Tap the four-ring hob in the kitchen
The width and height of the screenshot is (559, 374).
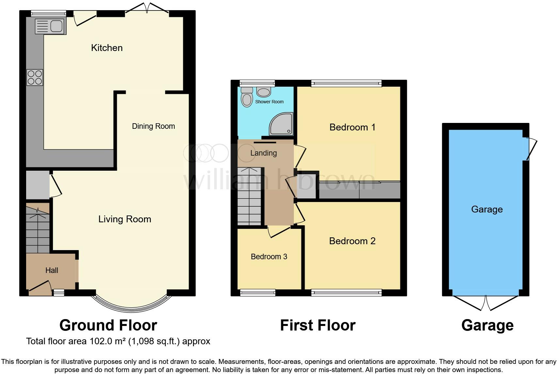point(35,78)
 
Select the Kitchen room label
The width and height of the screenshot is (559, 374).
point(107,48)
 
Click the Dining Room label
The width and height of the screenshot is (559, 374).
point(153,126)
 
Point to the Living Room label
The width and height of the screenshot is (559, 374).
point(125,219)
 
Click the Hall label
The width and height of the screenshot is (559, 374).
point(52,270)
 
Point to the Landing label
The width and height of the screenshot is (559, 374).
point(264,153)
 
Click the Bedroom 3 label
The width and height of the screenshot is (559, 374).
point(269,257)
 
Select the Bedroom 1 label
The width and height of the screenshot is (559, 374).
point(352,127)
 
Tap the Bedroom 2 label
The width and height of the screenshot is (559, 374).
point(352,241)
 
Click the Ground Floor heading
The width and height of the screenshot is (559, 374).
point(108,325)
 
